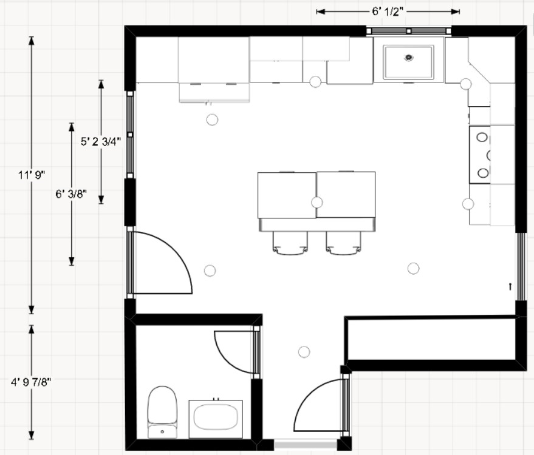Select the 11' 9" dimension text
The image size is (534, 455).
coord(32,175)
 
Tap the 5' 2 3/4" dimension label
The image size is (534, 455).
coord(101,143)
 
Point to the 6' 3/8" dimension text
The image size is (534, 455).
coord(71,194)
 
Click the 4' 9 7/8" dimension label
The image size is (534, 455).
coord(32,382)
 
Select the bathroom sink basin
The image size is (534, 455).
coord(215,419)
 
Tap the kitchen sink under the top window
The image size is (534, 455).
coord(409,62)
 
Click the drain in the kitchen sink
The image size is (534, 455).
coord(409,58)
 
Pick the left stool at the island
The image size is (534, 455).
coord(290,243)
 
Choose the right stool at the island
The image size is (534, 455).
coord(344,243)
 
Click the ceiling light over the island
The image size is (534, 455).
coord(317,203)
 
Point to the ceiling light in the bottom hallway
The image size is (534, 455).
coord(304,352)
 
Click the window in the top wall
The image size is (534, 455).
coord(409,30)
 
